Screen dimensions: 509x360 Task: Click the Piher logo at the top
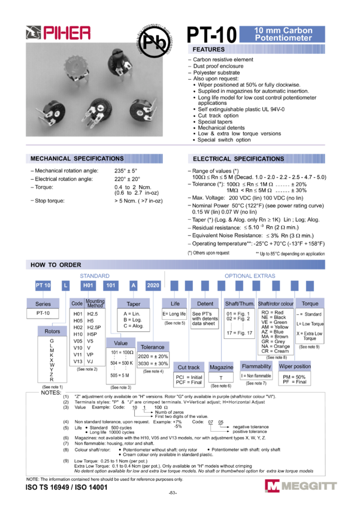point(59,34)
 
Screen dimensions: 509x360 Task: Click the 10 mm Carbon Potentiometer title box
point(282,34)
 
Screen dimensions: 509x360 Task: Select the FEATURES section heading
point(256,50)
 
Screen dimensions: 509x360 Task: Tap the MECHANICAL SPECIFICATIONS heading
point(94,159)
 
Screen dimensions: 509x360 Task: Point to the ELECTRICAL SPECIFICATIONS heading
point(256,159)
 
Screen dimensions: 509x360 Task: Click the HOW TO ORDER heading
point(176,265)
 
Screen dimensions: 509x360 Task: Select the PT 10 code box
point(43,286)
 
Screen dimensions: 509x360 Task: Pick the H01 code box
point(89,286)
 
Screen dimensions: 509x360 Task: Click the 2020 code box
point(153,286)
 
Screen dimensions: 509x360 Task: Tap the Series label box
point(43,304)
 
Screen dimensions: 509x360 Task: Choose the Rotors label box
point(52,331)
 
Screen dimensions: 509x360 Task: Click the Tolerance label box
point(153,347)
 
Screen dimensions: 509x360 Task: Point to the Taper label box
point(134,304)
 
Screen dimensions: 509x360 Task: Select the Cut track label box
point(189,367)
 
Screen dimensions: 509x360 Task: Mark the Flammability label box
point(256,366)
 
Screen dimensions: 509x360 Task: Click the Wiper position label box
point(294,366)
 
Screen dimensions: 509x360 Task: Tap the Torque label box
point(310,304)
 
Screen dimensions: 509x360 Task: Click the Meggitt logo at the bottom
point(301,486)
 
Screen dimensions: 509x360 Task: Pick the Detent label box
point(205,304)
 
